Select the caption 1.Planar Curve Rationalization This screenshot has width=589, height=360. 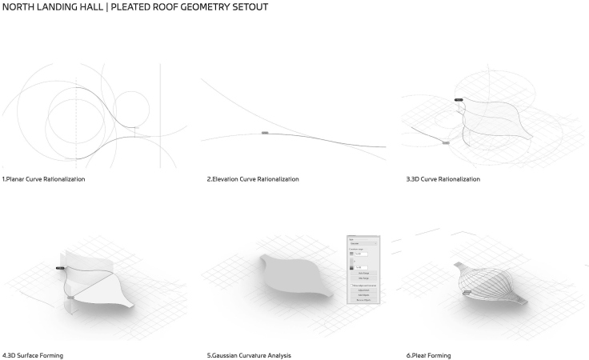tap(43, 179)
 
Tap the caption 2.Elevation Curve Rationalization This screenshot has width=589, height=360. tap(253, 179)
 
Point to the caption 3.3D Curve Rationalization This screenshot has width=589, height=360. tap(443, 179)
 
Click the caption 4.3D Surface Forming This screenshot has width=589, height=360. tap(33, 354)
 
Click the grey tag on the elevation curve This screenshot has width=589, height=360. tap(265, 133)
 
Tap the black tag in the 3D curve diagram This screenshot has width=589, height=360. tap(459, 100)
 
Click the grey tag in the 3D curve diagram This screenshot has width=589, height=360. tap(446, 142)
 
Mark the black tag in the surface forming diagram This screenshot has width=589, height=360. tap(60, 269)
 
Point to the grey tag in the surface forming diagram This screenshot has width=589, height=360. tap(70, 297)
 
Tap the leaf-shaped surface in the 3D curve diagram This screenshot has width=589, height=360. tap(492, 120)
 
